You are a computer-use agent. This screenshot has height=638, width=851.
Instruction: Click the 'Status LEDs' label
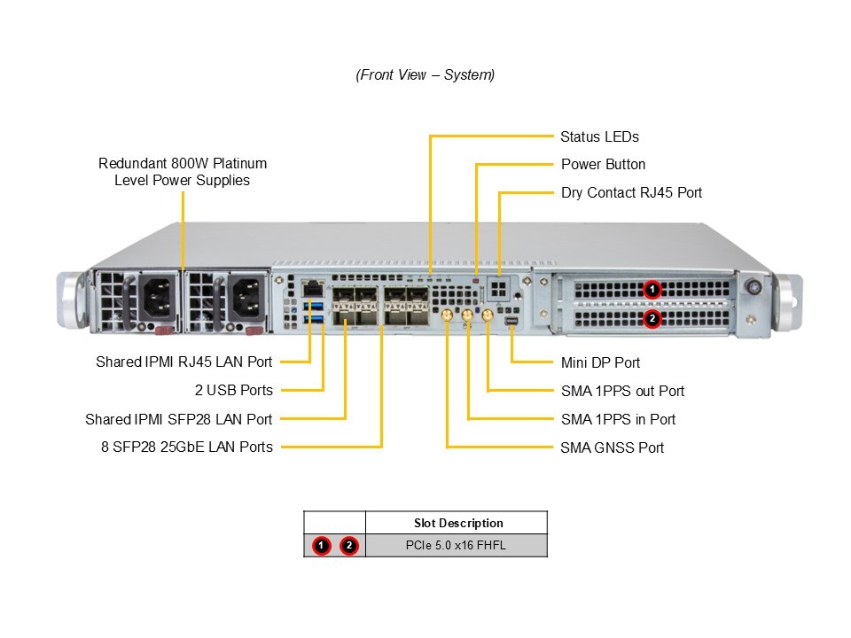tap(599, 136)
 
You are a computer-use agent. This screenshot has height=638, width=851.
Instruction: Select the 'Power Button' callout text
tap(603, 165)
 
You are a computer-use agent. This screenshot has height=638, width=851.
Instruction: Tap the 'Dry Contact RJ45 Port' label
tap(631, 192)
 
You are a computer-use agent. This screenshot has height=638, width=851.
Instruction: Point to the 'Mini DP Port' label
tap(600, 362)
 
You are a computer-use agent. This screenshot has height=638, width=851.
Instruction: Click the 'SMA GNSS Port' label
tap(613, 447)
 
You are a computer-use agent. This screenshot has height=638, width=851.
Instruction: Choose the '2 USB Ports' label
tap(234, 390)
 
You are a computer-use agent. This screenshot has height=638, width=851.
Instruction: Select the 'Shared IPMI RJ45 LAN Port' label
tap(184, 362)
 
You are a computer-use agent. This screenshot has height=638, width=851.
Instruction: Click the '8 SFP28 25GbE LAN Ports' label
tap(187, 447)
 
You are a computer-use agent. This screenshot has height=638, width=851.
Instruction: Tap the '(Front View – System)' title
tap(425, 74)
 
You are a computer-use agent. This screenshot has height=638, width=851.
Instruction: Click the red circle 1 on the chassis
tap(652, 290)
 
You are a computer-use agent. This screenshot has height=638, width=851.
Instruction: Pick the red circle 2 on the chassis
tap(652, 318)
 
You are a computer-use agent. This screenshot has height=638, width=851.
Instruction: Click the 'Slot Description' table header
tap(458, 523)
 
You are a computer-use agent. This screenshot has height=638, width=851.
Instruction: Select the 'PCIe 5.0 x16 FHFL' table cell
tap(456, 545)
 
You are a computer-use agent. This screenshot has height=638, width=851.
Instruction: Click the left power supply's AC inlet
tap(157, 298)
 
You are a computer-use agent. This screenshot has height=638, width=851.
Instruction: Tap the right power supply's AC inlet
tap(247, 298)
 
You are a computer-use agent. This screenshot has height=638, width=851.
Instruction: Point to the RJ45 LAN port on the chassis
tap(313, 288)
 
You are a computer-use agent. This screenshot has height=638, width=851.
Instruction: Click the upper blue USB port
tap(314, 306)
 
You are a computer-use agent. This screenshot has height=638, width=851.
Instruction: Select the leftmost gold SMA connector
tap(447, 315)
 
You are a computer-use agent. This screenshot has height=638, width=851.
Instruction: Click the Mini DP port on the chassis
tap(511, 322)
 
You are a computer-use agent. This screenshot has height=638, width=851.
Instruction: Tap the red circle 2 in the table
tap(349, 545)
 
